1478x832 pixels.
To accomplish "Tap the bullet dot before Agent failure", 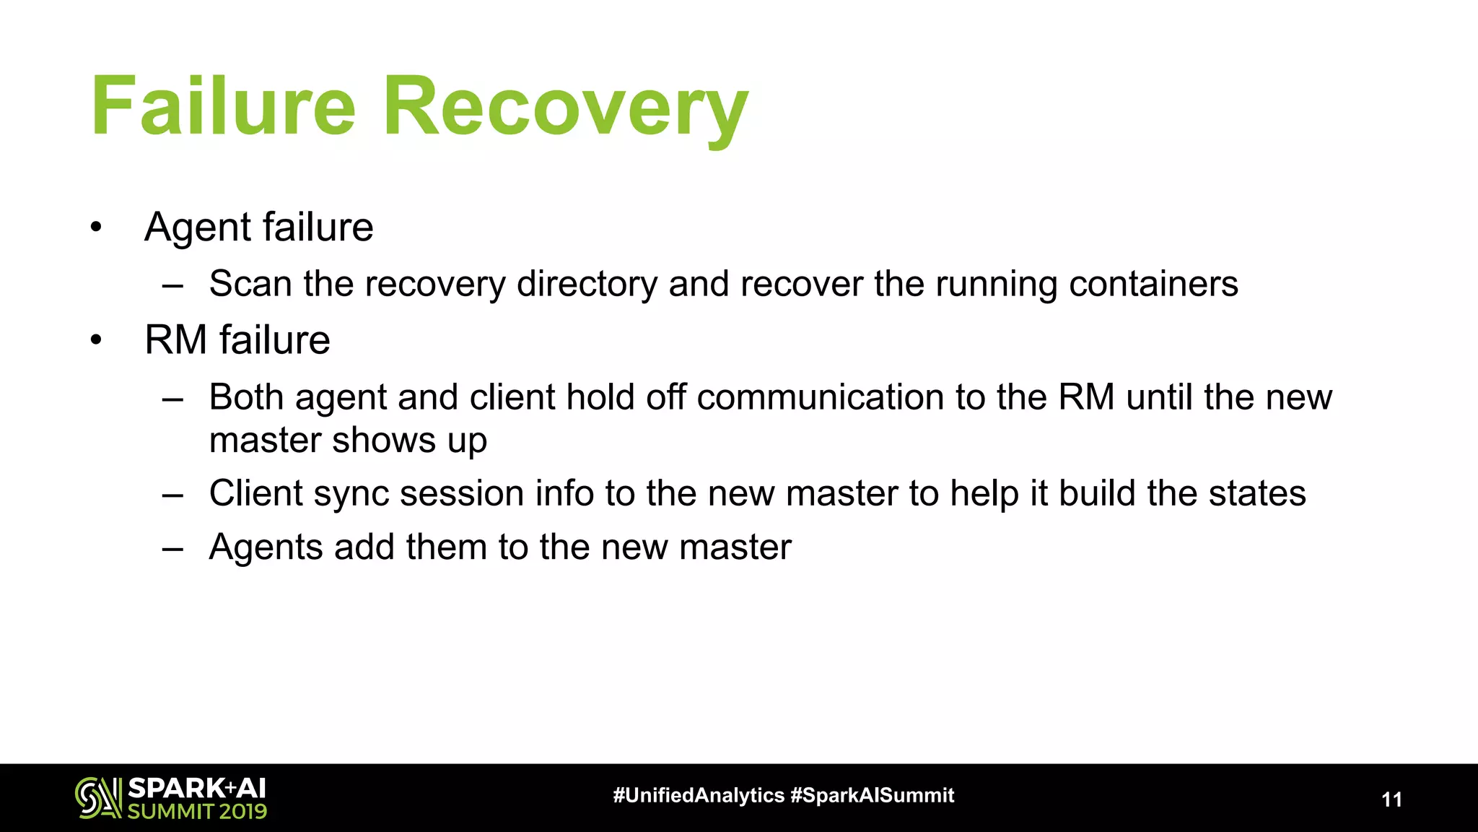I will point(97,228).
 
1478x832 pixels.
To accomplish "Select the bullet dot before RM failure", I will point(97,340).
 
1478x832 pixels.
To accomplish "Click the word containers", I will point(1153,284).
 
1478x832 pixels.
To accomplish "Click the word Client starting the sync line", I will point(255,494).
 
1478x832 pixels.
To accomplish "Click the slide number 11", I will point(1391,799).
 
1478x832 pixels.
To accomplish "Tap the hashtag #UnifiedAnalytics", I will point(698,796).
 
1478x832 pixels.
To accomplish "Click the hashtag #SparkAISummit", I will point(873,796).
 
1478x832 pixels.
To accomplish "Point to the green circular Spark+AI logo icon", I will point(97,798).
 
